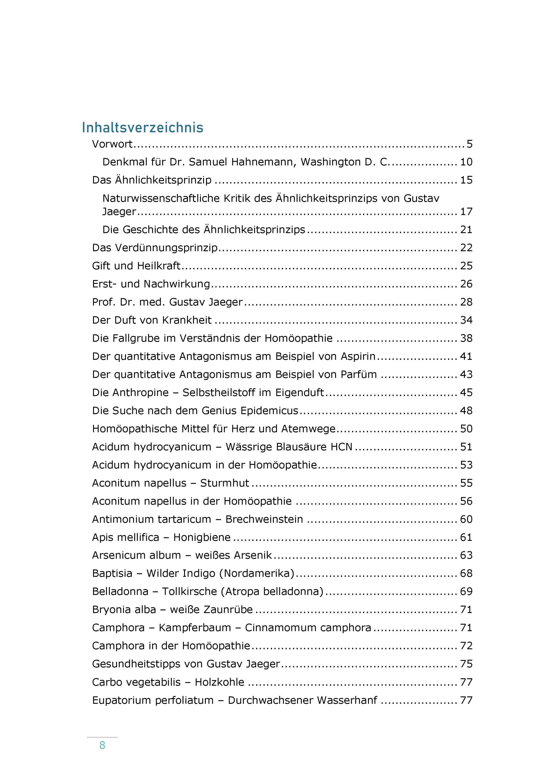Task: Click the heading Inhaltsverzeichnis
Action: coord(143,128)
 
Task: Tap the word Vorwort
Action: coord(112,144)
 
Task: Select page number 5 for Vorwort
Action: coord(469,144)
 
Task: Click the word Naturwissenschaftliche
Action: coord(161,198)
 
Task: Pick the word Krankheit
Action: coord(187,320)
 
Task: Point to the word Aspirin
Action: coord(358,356)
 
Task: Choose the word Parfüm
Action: coord(358,374)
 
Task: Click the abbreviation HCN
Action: coord(341,447)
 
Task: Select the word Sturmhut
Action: coord(225,483)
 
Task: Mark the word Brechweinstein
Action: coord(264,519)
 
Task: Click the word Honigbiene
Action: coord(202,537)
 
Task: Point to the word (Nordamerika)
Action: coord(257,573)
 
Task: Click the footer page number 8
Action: coord(102,745)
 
